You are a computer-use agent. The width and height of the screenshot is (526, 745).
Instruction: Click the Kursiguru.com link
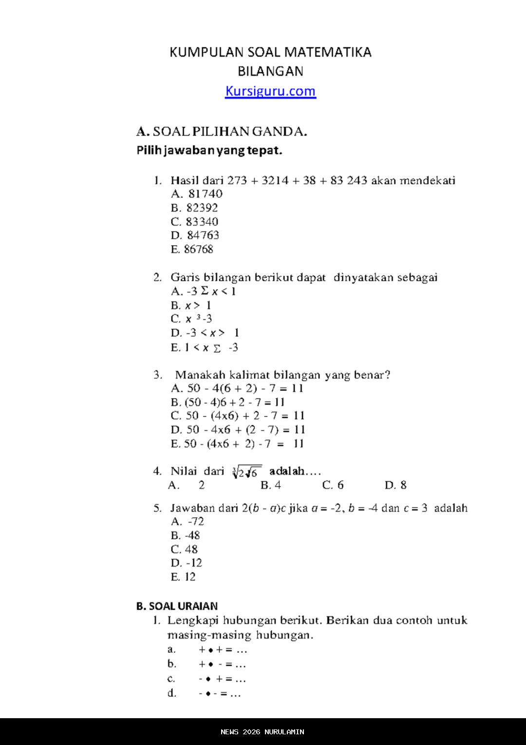point(270,91)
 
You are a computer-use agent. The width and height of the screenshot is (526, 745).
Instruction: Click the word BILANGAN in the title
point(270,71)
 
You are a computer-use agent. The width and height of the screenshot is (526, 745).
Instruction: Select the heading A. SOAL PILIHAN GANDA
point(222,132)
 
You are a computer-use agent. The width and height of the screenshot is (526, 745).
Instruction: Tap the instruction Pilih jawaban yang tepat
point(209,150)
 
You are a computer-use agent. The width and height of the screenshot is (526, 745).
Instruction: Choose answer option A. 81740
point(197,194)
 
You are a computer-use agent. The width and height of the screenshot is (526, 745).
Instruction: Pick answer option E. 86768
point(192,249)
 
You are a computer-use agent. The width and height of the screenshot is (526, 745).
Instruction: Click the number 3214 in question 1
point(275,180)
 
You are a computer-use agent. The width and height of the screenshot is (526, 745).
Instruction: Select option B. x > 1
point(191,306)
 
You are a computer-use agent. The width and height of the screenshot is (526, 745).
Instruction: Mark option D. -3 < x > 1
point(205,333)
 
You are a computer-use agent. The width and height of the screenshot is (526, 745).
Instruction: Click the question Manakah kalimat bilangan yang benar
point(282,375)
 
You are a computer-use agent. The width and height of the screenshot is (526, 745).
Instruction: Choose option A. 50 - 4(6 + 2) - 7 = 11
point(237,389)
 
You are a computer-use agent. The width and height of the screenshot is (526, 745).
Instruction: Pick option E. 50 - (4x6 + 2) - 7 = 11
point(237,444)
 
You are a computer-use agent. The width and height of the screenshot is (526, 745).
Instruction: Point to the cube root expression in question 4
point(247,472)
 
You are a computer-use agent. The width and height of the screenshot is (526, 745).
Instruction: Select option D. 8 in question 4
point(395,485)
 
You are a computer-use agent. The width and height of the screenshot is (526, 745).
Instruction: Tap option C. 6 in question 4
point(333,485)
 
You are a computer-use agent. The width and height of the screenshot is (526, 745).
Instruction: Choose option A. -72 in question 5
point(188,522)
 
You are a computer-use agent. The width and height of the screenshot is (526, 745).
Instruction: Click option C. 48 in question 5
point(184,549)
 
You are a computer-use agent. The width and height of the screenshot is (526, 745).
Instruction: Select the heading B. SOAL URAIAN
point(177,606)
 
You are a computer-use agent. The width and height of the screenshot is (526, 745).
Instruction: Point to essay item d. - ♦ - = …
point(205,693)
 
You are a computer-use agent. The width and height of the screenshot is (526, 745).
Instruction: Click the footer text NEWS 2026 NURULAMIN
point(263,732)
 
